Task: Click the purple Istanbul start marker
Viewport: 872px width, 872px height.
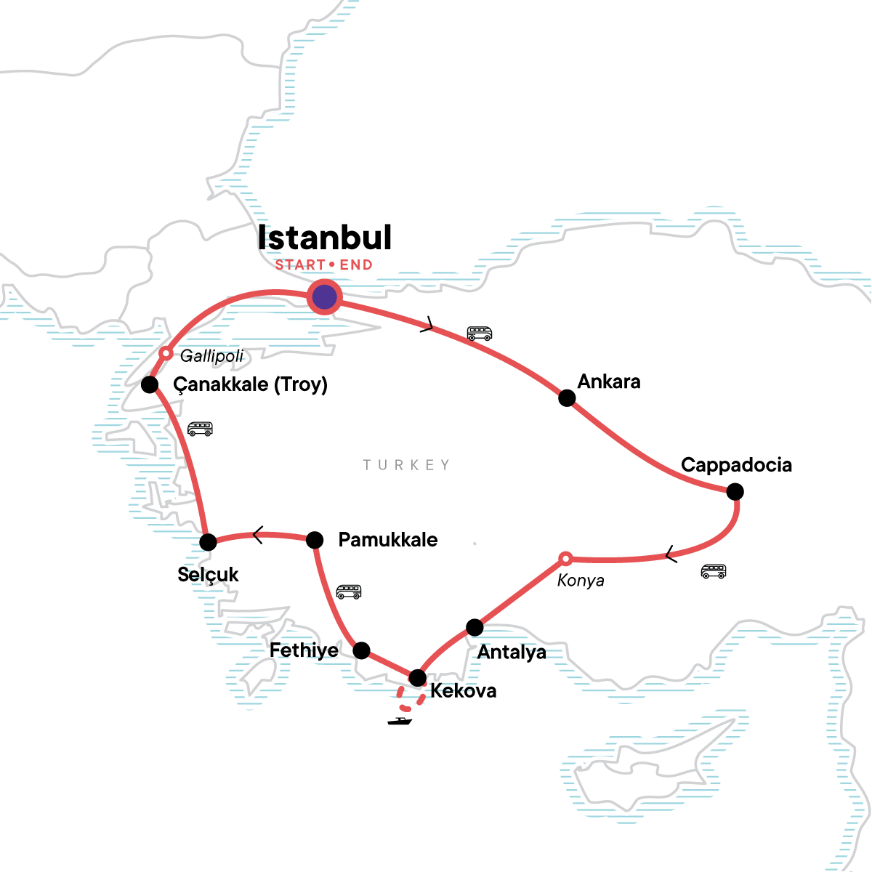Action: point(324,296)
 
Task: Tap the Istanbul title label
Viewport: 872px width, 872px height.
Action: point(325,238)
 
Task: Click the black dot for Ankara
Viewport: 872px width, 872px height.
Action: point(567,398)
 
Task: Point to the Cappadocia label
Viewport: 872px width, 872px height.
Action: point(736,465)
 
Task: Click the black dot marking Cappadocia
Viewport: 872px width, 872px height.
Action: point(735,492)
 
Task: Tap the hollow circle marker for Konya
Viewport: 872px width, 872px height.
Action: point(565,559)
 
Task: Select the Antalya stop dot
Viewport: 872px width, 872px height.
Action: point(475,627)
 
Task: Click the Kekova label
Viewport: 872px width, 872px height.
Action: point(464,690)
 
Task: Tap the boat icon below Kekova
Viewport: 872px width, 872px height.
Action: point(400,721)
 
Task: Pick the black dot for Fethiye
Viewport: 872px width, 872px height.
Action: point(361,650)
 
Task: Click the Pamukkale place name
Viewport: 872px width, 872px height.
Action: point(388,540)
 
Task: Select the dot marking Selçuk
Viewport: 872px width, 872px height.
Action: point(208,542)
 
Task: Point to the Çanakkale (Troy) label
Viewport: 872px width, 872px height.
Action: point(250,384)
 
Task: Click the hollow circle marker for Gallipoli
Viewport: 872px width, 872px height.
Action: point(166,354)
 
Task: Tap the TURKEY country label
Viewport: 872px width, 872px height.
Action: point(407,465)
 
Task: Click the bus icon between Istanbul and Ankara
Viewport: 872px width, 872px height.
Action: point(480,334)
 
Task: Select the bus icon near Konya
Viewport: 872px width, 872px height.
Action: point(714,571)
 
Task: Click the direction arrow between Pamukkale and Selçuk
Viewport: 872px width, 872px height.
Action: point(257,535)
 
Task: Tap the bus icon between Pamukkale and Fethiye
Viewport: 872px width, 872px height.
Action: point(349,592)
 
